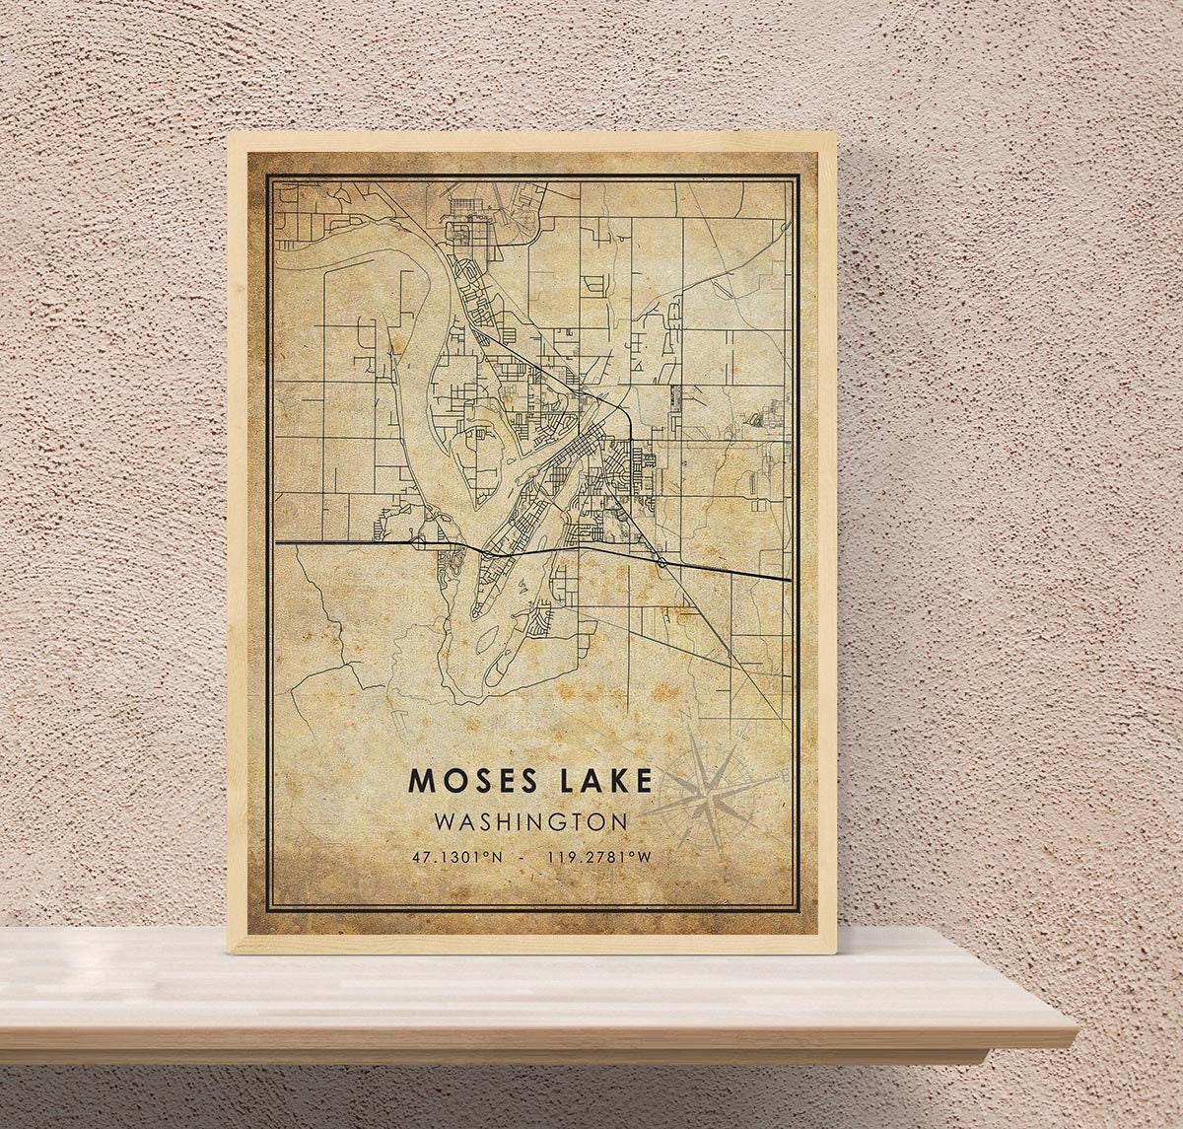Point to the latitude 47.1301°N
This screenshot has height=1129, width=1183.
coord(457,857)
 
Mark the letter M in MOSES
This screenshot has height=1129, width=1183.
coord(420,780)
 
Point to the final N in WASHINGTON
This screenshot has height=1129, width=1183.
coord(619,821)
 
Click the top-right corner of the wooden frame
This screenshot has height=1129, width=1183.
coord(836,133)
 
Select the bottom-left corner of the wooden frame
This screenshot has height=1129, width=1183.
coord(229,952)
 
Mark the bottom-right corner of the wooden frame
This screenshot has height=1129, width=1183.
coord(836,953)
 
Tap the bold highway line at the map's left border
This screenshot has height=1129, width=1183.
coord(279,542)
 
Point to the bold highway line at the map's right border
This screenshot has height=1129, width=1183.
coord(788,579)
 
